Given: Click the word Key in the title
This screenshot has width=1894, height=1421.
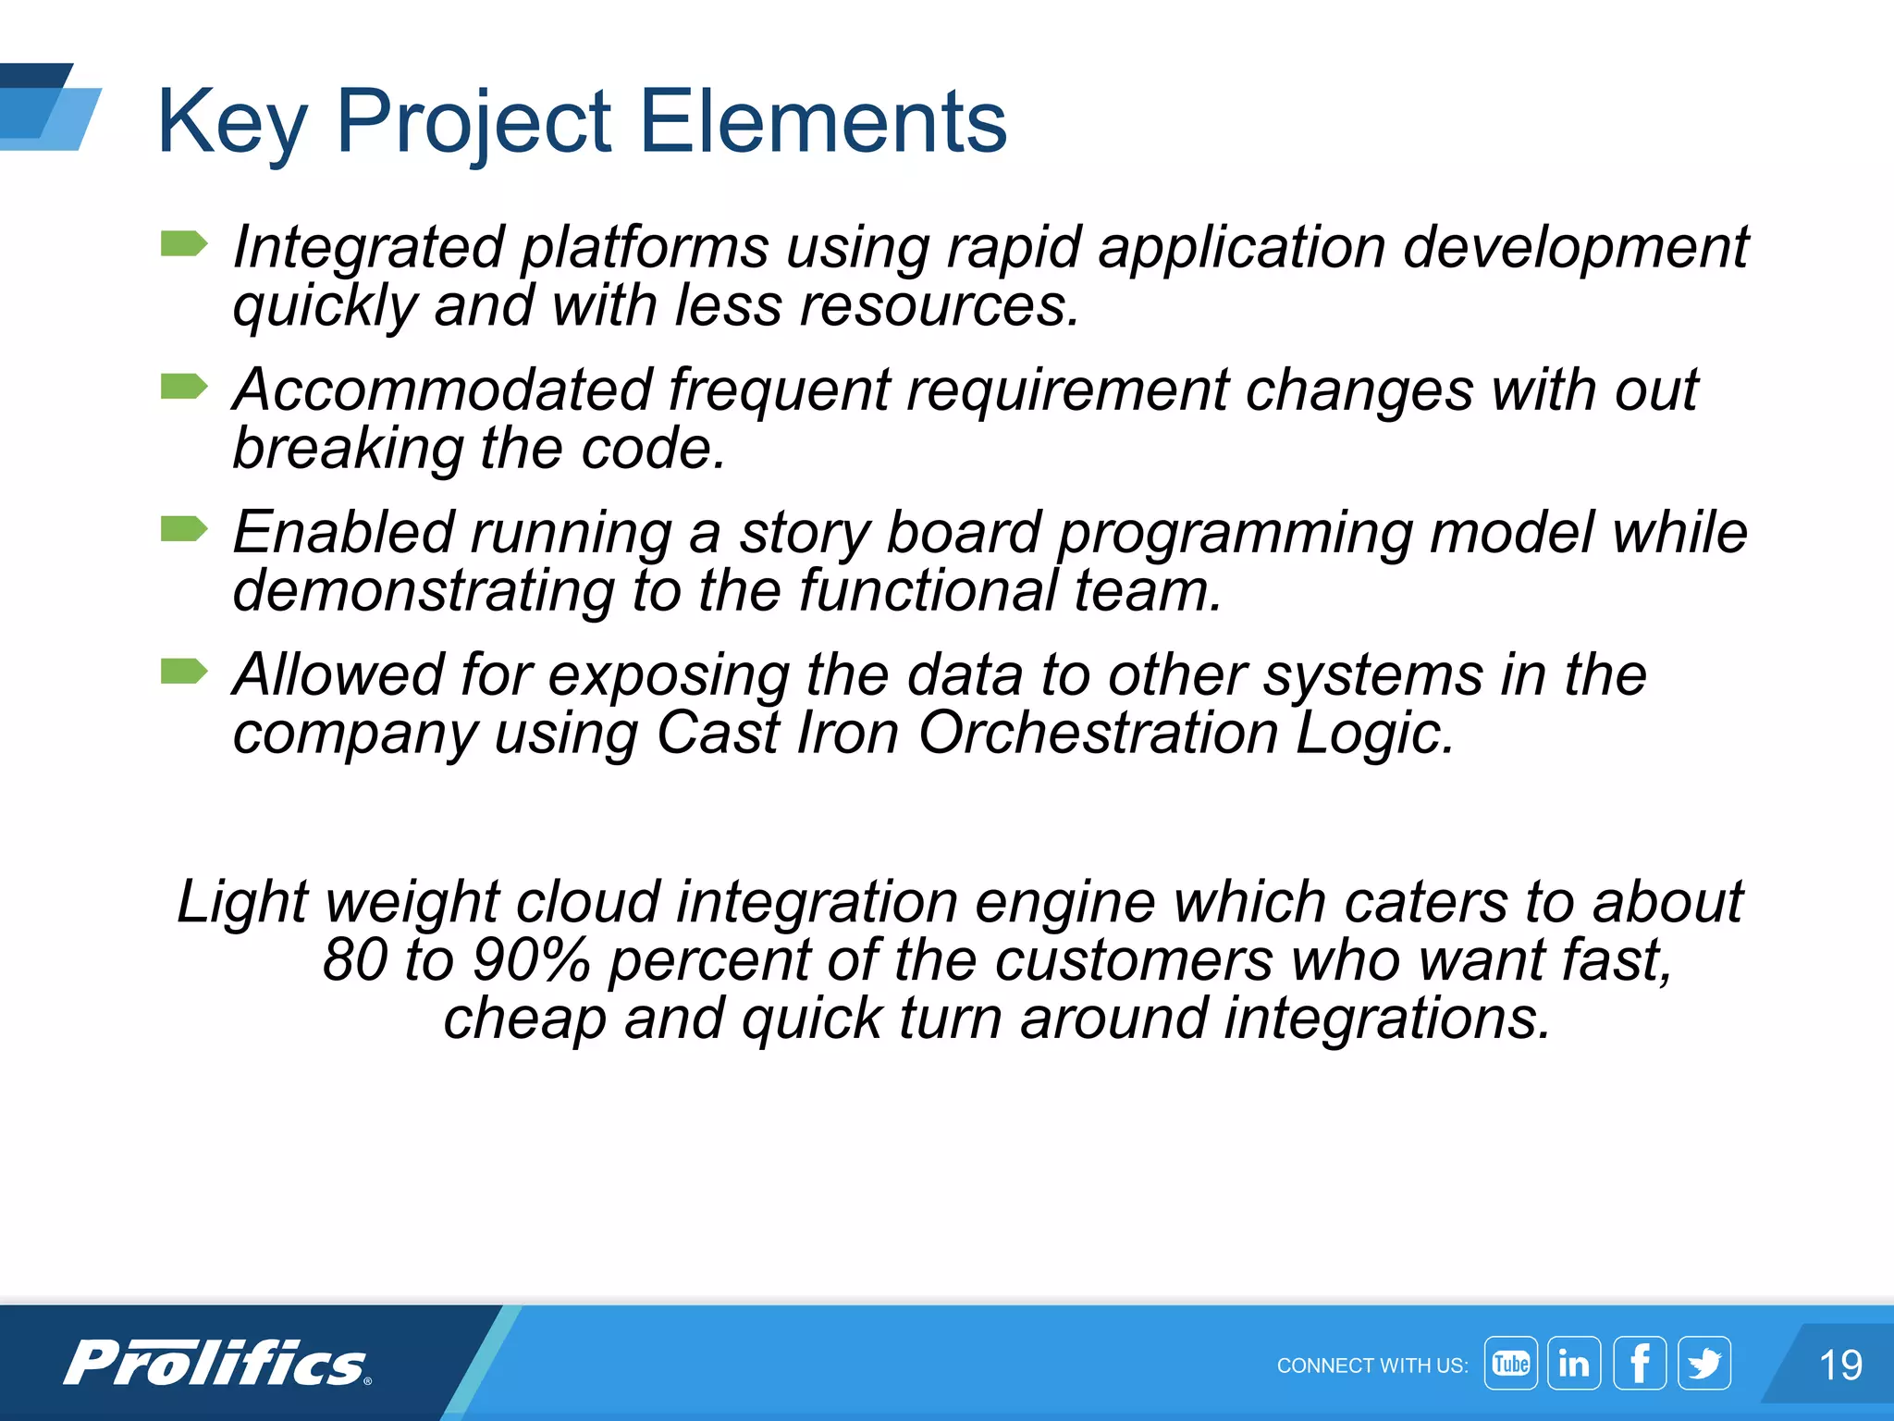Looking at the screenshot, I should click(x=231, y=122).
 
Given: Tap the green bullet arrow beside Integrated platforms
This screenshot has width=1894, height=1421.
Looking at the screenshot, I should click(x=184, y=244).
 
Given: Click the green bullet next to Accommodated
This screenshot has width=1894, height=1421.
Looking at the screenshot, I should click(x=184, y=386).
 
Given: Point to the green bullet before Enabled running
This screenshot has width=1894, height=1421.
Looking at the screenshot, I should click(x=184, y=529).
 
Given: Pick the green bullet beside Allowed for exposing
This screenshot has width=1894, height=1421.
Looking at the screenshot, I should click(x=184, y=671).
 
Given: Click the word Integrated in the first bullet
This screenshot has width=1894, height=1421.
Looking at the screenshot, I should click(x=368, y=248).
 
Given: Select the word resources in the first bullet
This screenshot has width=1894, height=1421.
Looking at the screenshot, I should click(x=939, y=305).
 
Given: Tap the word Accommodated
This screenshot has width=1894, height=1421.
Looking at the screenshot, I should click(x=442, y=389).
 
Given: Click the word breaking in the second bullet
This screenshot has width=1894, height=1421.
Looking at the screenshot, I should click(x=347, y=449).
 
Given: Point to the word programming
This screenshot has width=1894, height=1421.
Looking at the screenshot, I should click(x=1235, y=534).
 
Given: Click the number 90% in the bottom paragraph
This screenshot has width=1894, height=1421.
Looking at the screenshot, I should click(x=531, y=960).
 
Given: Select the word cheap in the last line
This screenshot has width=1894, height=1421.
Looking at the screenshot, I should click(x=524, y=1018).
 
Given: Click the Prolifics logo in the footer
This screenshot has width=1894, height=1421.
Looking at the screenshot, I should click(x=218, y=1364).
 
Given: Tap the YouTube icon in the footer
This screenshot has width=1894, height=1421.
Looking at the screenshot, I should click(x=1510, y=1364).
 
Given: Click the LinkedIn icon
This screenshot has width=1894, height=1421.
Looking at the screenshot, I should click(x=1574, y=1364).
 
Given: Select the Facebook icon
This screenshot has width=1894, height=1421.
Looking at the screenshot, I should click(x=1640, y=1364).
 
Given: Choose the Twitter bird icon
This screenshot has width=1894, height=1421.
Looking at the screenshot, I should click(x=1703, y=1364).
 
